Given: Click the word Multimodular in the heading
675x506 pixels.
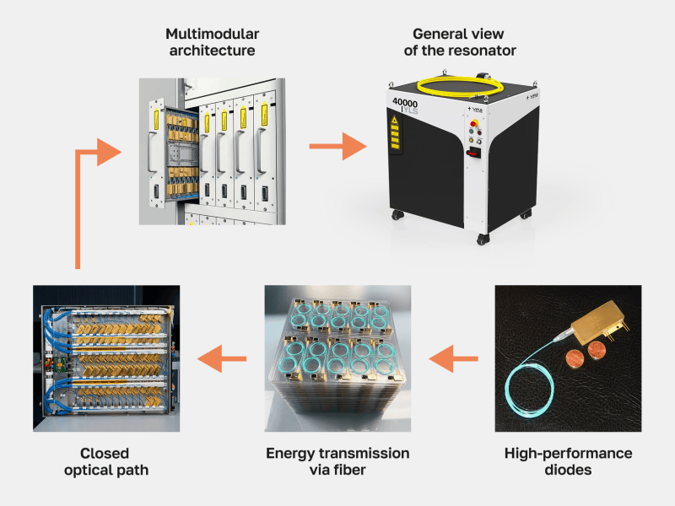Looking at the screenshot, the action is point(213,34).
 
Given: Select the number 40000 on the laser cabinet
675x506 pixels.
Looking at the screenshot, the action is point(405,103).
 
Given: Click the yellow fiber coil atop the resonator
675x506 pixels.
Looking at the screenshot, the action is point(460,86).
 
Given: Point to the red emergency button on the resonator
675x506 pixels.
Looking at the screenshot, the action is point(474,123).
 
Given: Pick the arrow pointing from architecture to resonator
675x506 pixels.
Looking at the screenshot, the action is point(338,146).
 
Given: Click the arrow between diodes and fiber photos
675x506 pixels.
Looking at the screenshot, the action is point(453,358).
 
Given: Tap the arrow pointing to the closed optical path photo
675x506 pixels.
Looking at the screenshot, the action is point(222,358).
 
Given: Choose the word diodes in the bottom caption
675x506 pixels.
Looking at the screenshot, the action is point(568,470).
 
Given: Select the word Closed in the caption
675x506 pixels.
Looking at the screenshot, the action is point(105,453).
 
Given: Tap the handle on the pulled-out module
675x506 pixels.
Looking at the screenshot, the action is point(152,153).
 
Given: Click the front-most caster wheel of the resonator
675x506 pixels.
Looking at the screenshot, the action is point(482,240).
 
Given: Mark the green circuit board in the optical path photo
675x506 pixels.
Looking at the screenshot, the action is point(55,364).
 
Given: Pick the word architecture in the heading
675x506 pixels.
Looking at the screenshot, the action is point(213,51).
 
